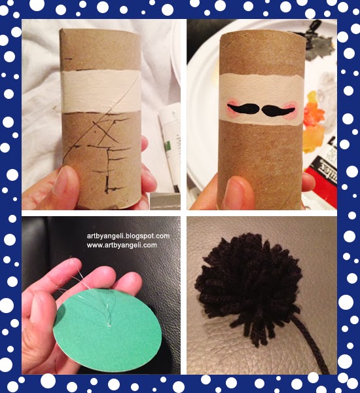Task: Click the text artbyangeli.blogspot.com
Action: [128, 236]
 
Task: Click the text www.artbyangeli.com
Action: [122, 245]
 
